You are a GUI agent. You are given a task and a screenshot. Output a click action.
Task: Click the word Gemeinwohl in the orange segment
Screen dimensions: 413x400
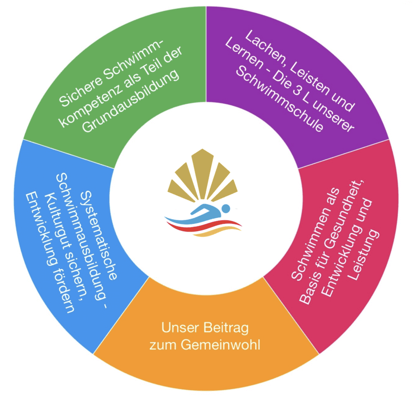click(x=220, y=345)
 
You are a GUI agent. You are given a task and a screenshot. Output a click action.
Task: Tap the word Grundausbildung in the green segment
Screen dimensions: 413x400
click(x=131, y=102)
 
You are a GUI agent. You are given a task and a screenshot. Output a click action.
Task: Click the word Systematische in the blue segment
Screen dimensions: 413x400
click(x=98, y=235)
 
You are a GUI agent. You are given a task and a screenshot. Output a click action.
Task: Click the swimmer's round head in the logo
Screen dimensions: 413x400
click(x=226, y=208)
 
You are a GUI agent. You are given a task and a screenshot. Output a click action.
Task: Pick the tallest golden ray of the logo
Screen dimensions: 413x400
click(x=202, y=174)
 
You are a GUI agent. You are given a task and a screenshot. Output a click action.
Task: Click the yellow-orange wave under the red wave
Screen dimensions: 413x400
click(x=219, y=231)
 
